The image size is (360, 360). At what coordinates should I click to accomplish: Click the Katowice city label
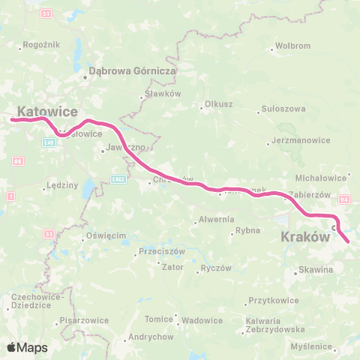(x=47, y=111)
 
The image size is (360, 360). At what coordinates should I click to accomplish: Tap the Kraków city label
(x=305, y=236)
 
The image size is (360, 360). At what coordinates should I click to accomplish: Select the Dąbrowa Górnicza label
(x=132, y=71)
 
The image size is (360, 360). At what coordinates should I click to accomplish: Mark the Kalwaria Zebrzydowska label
(x=274, y=325)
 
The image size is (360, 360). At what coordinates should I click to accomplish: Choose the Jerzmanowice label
(x=297, y=140)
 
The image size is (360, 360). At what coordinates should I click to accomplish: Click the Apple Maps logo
(x=27, y=347)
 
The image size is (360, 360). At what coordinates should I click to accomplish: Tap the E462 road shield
(x=118, y=179)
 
